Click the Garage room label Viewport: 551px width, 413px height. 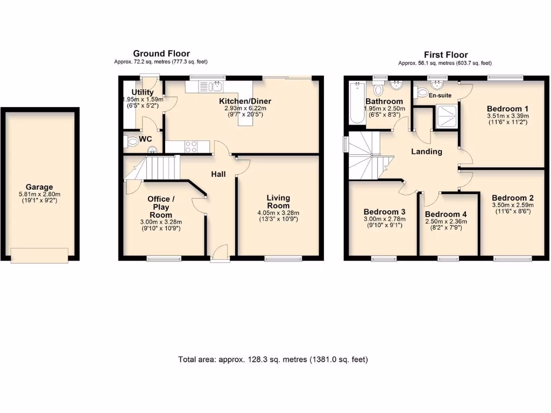pyautogui.click(x=40, y=187)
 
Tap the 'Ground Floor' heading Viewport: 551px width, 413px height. pyautogui.click(x=161, y=53)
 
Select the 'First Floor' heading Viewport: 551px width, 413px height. pyautogui.click(x=446, y=54)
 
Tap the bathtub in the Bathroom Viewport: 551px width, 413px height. pyautogui.click(x=356, y=102)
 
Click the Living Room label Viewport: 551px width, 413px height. pyautogui.click(x=278, y=202)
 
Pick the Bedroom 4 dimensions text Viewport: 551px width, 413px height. pyautogui.click(x=446, y=224)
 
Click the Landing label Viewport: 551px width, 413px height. pyautogui.click(x=427, y=152)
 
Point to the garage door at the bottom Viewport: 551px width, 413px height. pyautogui.click(x=39, y=255)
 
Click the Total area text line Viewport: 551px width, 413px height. pyautogui.click(x=273, y=359)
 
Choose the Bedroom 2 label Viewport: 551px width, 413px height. pyautogui.click(x=512, y=197)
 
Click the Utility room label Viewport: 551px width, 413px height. pyautogui.click(x=143, y=92)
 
